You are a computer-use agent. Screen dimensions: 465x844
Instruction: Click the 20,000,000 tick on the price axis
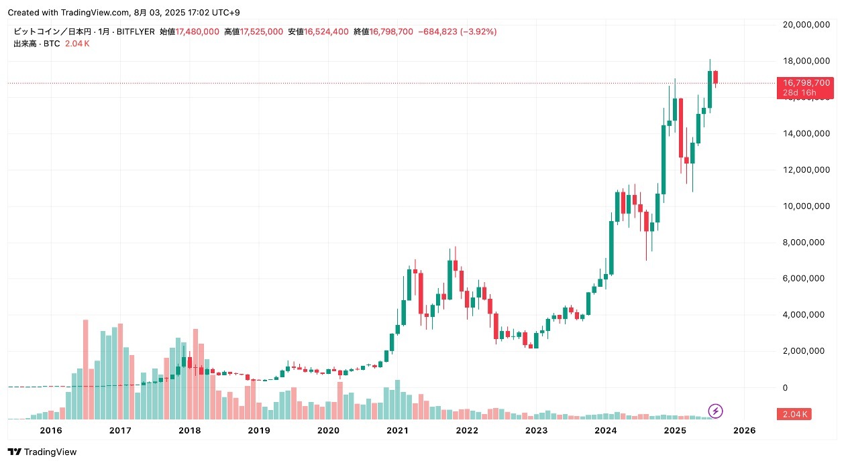coord(804,25)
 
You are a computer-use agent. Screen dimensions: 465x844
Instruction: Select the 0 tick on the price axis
coord(784,388)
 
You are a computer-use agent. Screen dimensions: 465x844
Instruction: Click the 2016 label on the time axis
coord(51,430)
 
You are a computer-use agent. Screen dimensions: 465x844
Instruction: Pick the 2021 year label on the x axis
coord(398,430)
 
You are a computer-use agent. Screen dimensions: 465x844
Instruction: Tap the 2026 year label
coord(745,430)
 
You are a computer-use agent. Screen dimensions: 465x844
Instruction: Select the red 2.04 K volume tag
coord(794,414)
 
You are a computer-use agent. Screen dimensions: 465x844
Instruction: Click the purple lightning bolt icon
coord(716,411)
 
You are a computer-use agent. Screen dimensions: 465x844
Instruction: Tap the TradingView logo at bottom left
coord(42,452)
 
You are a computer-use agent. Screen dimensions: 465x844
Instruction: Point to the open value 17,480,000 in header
coord(197,31)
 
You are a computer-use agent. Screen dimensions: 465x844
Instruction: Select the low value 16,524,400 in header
coord(327,31)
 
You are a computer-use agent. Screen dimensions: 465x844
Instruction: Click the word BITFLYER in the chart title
coord(139,31)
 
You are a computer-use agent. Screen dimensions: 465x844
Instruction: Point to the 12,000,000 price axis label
coord(804,170)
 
